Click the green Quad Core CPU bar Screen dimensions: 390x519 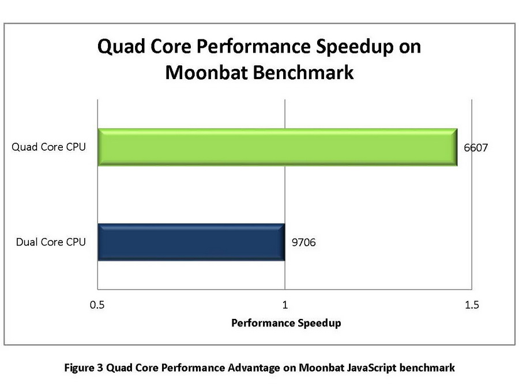(x=277, y=147)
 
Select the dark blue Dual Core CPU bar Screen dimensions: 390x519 (x=191, y=242)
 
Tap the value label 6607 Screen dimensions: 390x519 (x=476, y=148)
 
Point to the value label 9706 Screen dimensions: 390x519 (x=303, y=243)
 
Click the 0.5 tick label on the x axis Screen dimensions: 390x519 (x=97, y=304)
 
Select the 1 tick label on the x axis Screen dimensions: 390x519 (x=285, y=304)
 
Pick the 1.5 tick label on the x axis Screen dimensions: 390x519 (x=472, y=304)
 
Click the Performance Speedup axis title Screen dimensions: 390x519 (x=286, y=323)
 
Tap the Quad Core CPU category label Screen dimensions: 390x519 (x=49, y=147)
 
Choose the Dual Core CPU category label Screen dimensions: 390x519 (x=51, y=242)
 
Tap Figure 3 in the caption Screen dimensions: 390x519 (x=84, y=367)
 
